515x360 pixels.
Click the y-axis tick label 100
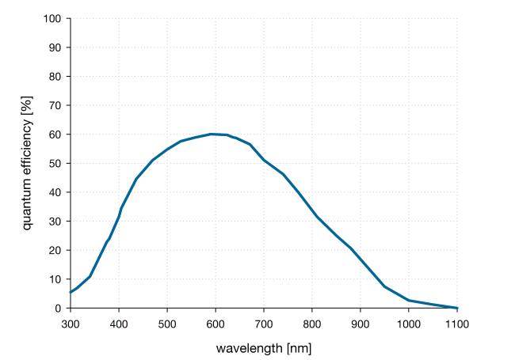53,18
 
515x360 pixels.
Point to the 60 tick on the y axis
55,135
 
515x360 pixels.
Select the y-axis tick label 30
55,222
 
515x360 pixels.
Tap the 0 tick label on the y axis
59,309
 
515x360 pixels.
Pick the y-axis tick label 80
55,77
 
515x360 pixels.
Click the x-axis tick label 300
70,323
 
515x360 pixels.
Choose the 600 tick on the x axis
216,323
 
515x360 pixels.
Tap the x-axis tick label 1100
457,323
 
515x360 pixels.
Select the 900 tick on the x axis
360,323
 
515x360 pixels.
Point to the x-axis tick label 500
167,323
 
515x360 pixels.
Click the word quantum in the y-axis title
26,203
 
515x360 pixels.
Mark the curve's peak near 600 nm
212,134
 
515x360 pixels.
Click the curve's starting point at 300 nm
71,293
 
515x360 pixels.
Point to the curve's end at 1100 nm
457,308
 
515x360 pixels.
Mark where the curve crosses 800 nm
312,210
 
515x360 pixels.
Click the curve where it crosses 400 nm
119,216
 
